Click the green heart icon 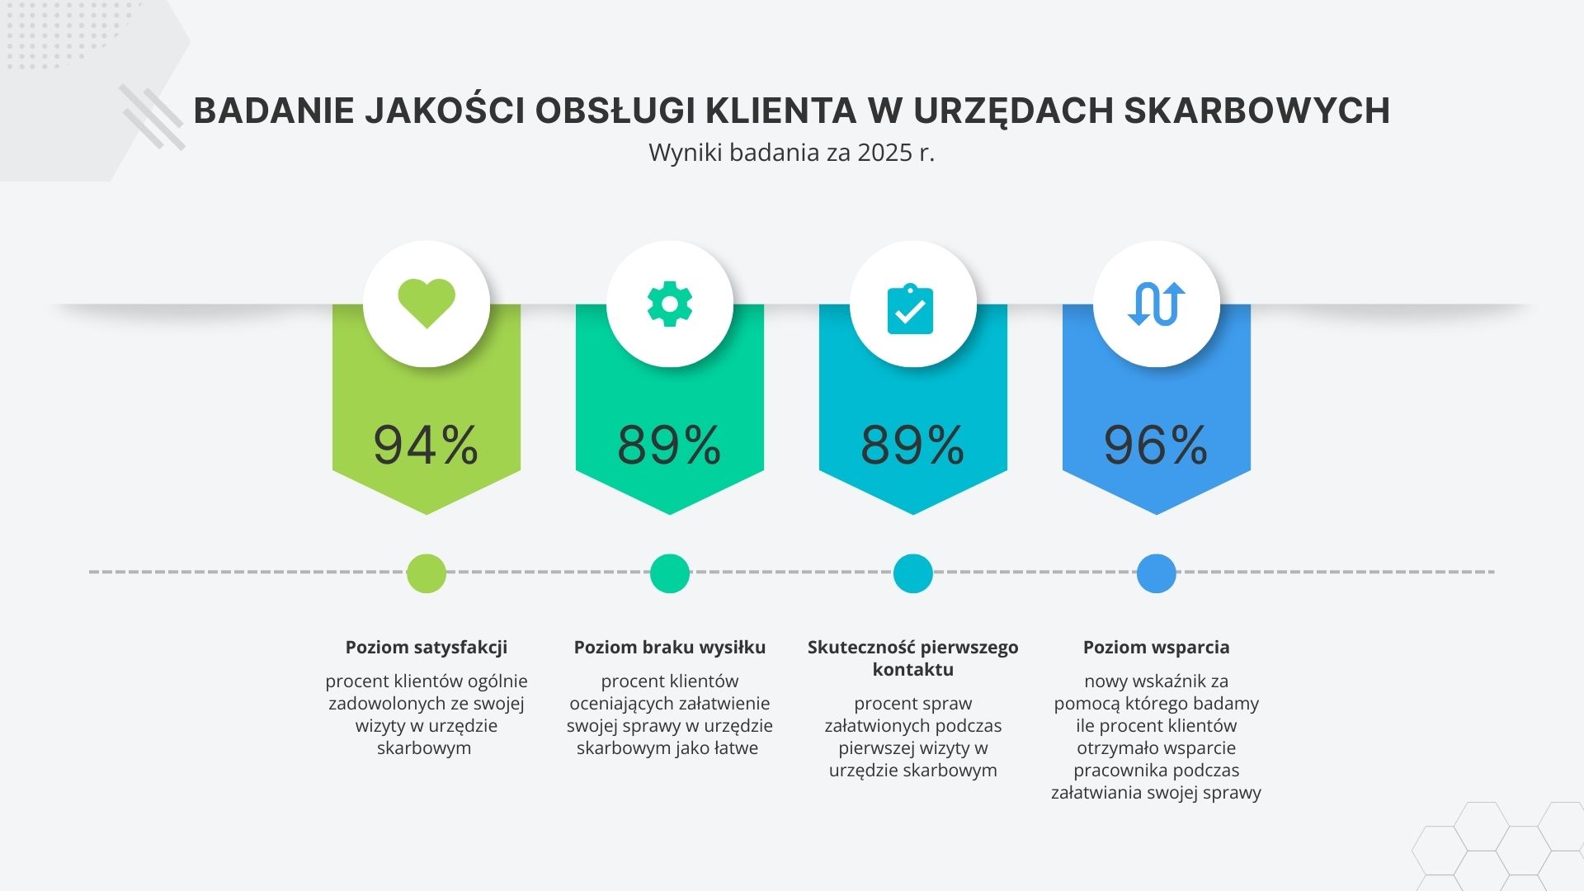[427, 303]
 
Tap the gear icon [670, 304]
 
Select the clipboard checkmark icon [910, 309]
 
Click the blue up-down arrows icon [1156, 304]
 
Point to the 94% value [426, 445]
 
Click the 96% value [1156, 445]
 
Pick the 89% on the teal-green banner [669, 445]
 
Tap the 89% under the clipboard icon [912, 445]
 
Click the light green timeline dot [427, 573]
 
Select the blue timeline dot [1156, 573]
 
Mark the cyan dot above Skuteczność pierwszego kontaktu [912, 573]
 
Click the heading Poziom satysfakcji [427, 648]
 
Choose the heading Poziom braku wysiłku [670, 648]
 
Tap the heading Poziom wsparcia [1156, 648]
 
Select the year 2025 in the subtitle [884, 153]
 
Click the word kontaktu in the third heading [912, 670]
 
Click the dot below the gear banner [670, 573]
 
